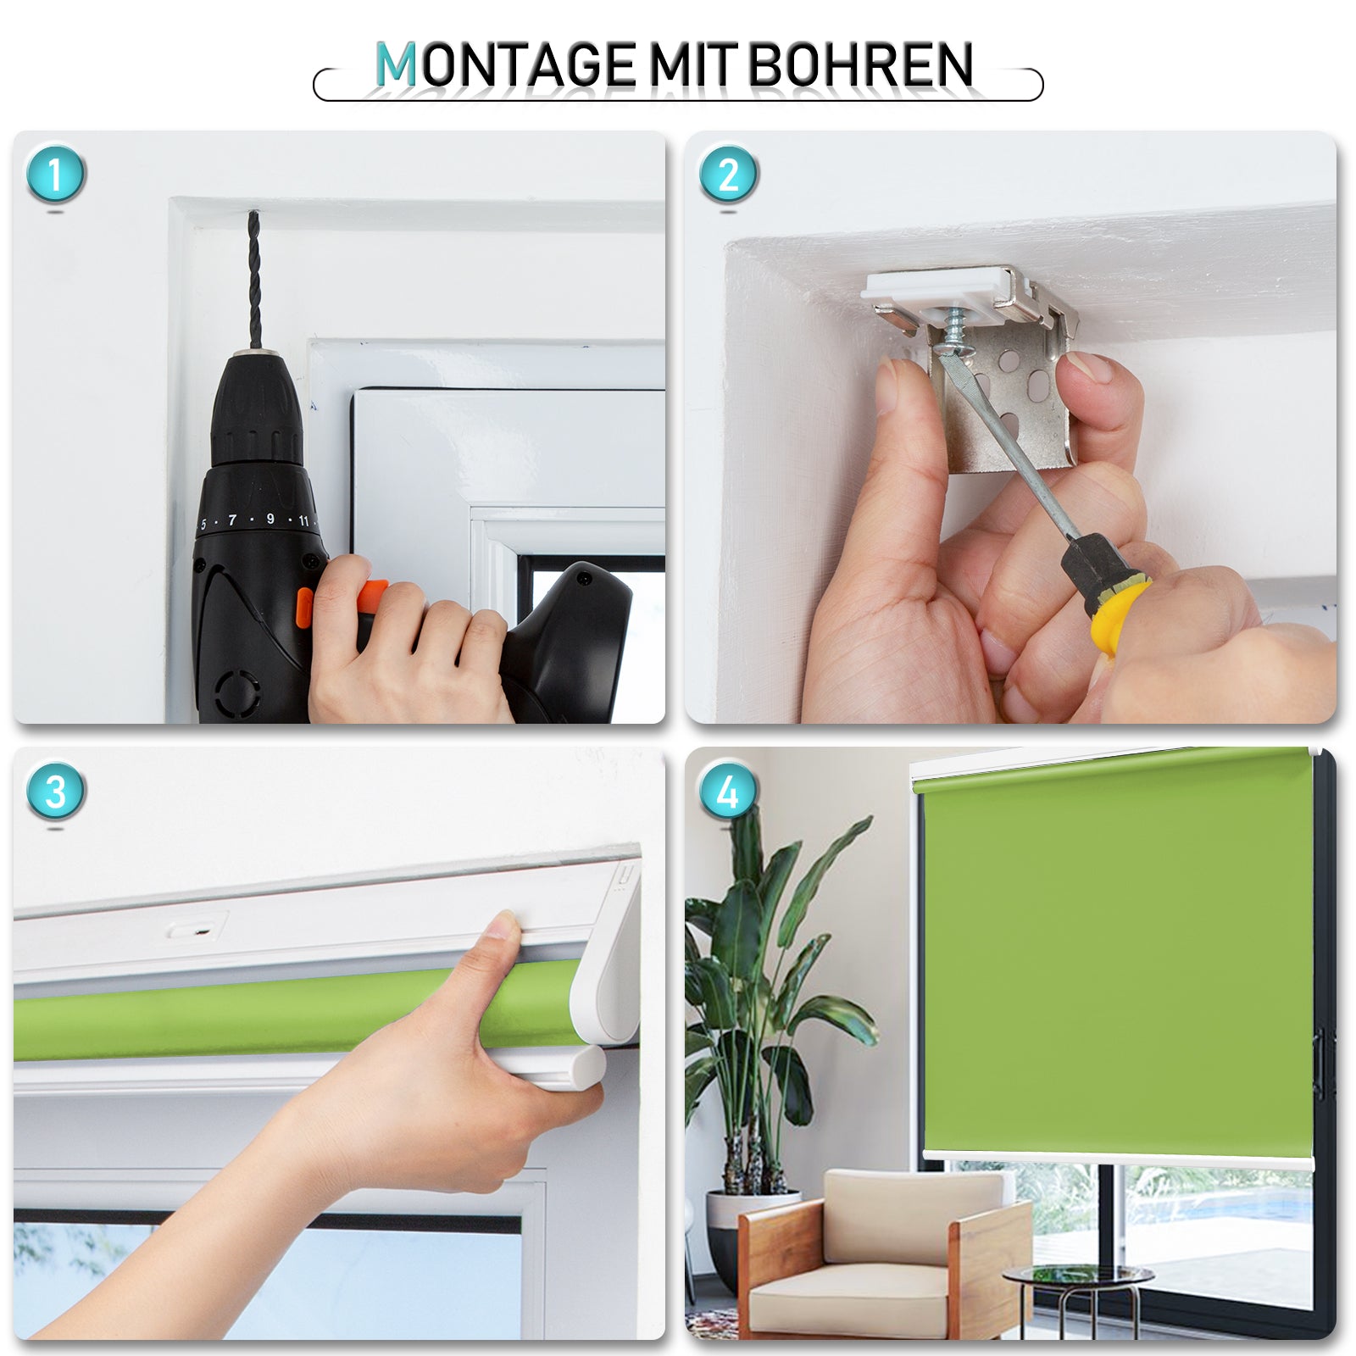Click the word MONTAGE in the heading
point(506,65)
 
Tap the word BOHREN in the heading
point(860,65)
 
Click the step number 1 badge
point(56,175)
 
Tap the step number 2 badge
point(728,175)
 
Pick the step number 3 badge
point(56,792)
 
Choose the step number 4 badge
point(728,792)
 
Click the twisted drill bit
point(253,280)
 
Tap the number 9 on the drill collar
point(270,519)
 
